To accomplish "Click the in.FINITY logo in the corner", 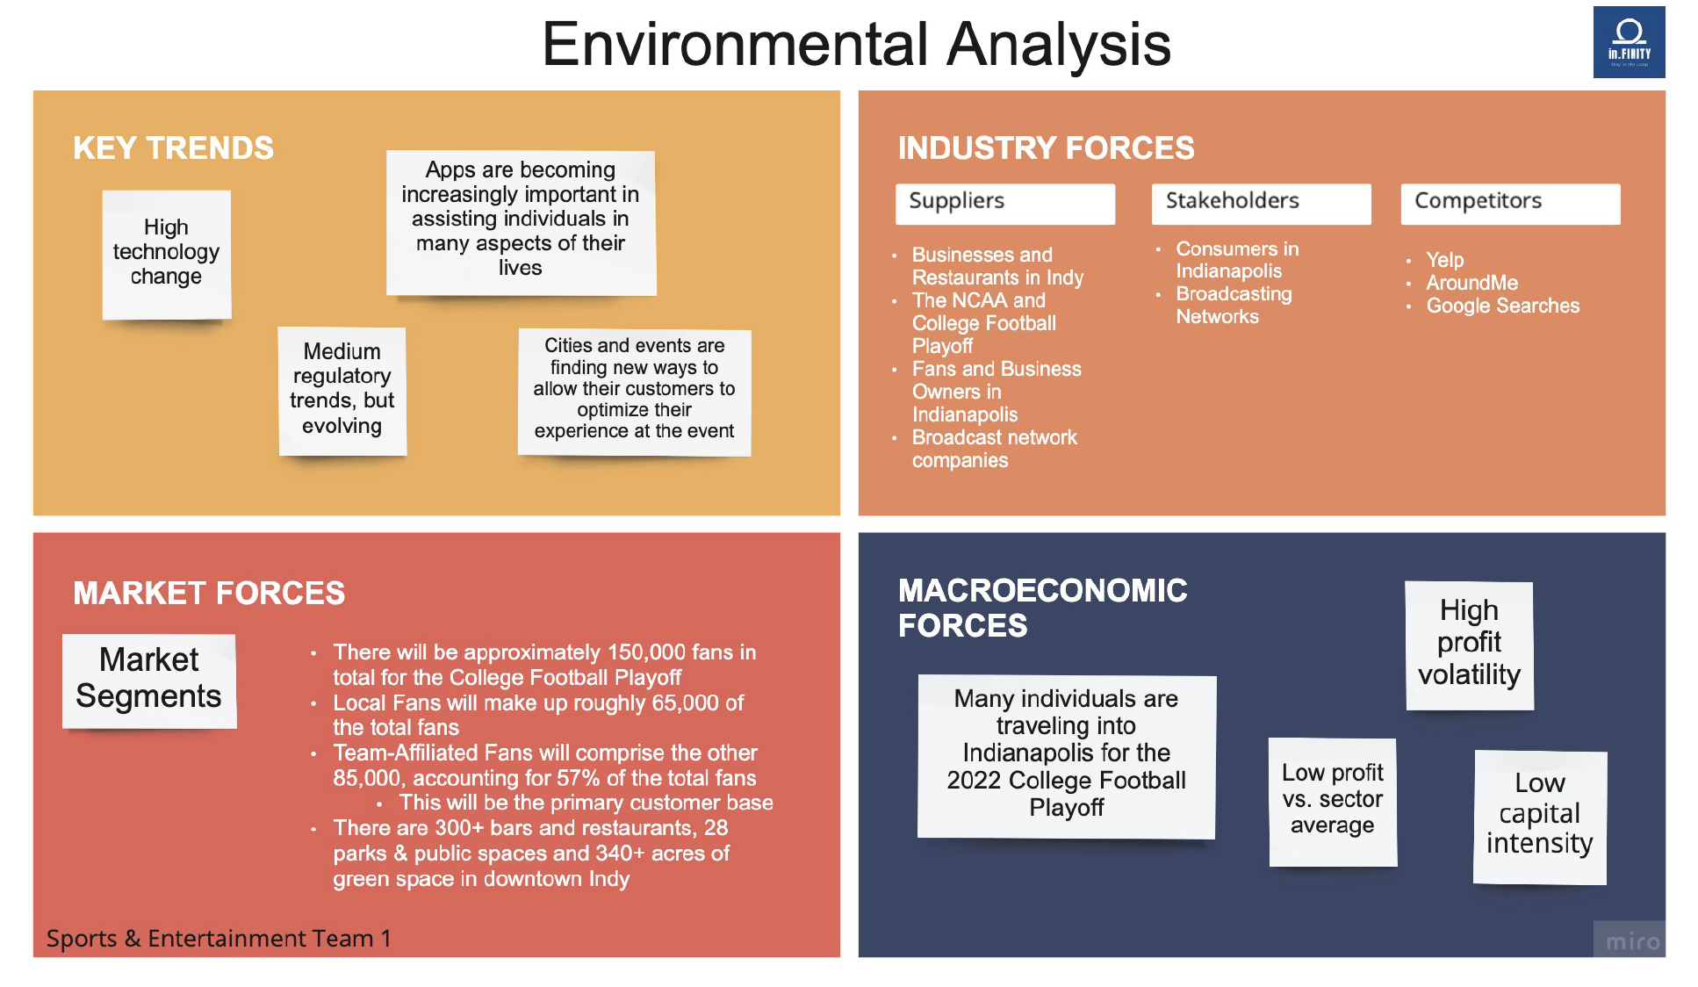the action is click(1629, 42).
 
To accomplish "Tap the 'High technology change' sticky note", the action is click(167, 255).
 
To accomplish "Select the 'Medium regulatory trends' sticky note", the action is click(342, 391).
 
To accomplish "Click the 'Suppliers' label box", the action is click(1005, 204).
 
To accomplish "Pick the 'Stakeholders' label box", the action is click(1262, 204).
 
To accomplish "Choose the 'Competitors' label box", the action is click(1510, 204).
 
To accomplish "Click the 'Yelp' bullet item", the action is click(1444, 260).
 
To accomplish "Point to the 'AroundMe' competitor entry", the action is click(1471, 283).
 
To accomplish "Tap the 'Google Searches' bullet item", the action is click(1502, 306).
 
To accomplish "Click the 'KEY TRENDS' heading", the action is click(173, 148).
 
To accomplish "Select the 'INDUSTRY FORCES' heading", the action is click(1046, 148).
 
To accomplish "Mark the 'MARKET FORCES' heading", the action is click(209, 593).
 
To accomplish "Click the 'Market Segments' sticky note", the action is click(149, 681).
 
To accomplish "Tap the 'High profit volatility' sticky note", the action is click(1469, 645).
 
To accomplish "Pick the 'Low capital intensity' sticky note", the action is click(1540, 817).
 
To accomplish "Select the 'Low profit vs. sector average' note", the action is click(1333, 802).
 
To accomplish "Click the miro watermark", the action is click(1631, 941).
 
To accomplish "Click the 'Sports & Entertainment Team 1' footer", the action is click(219, 939).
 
